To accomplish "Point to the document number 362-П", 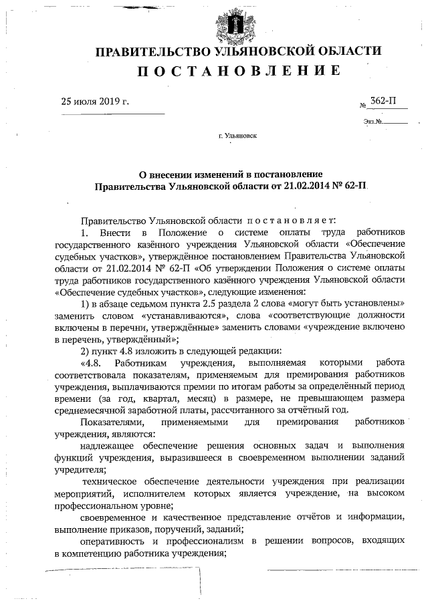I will point(383,102).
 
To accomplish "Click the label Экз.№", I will point(372,122).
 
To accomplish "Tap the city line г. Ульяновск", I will point(237,136).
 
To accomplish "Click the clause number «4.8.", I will point(92,363).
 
